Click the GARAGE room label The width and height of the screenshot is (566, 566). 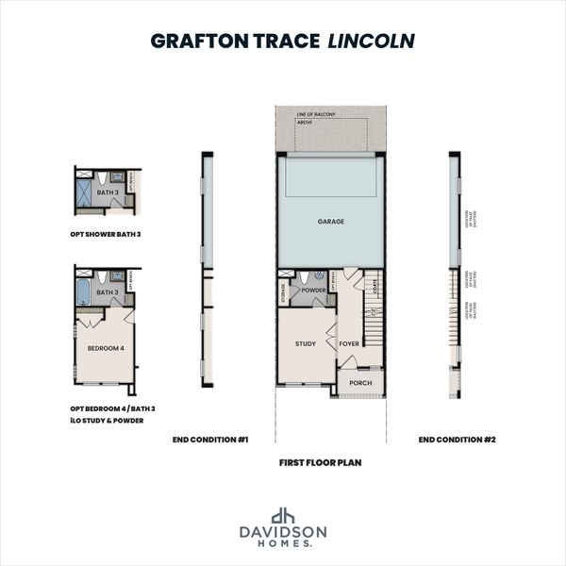tap(330, 223)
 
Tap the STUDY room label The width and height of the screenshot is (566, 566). tap(305, 343)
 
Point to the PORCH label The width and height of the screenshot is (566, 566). tap(359, 383)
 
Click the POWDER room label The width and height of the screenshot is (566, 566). tap(313, 291)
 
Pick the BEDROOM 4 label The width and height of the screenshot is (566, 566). tap(106, 348)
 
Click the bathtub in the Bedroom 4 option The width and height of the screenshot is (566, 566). tap(84, 291)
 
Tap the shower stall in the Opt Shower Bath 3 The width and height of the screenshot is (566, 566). tap(84, 192)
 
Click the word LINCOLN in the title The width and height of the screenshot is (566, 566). tap(372, 42)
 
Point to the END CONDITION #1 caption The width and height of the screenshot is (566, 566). tap(209, 439)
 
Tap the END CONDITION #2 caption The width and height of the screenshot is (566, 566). tap(456, 439)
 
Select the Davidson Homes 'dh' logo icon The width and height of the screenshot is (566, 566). tap(283, 515)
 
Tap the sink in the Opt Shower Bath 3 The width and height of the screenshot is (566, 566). tap(117, 177)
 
